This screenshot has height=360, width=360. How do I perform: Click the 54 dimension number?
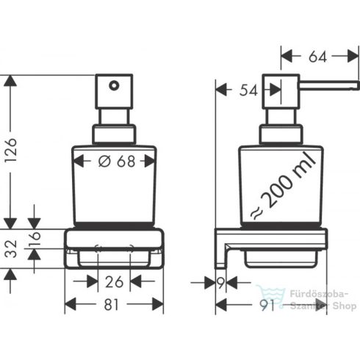coord(248,90)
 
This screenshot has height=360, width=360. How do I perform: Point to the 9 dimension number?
coord(220,281)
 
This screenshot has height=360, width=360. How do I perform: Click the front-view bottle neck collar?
coord(114,134)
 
